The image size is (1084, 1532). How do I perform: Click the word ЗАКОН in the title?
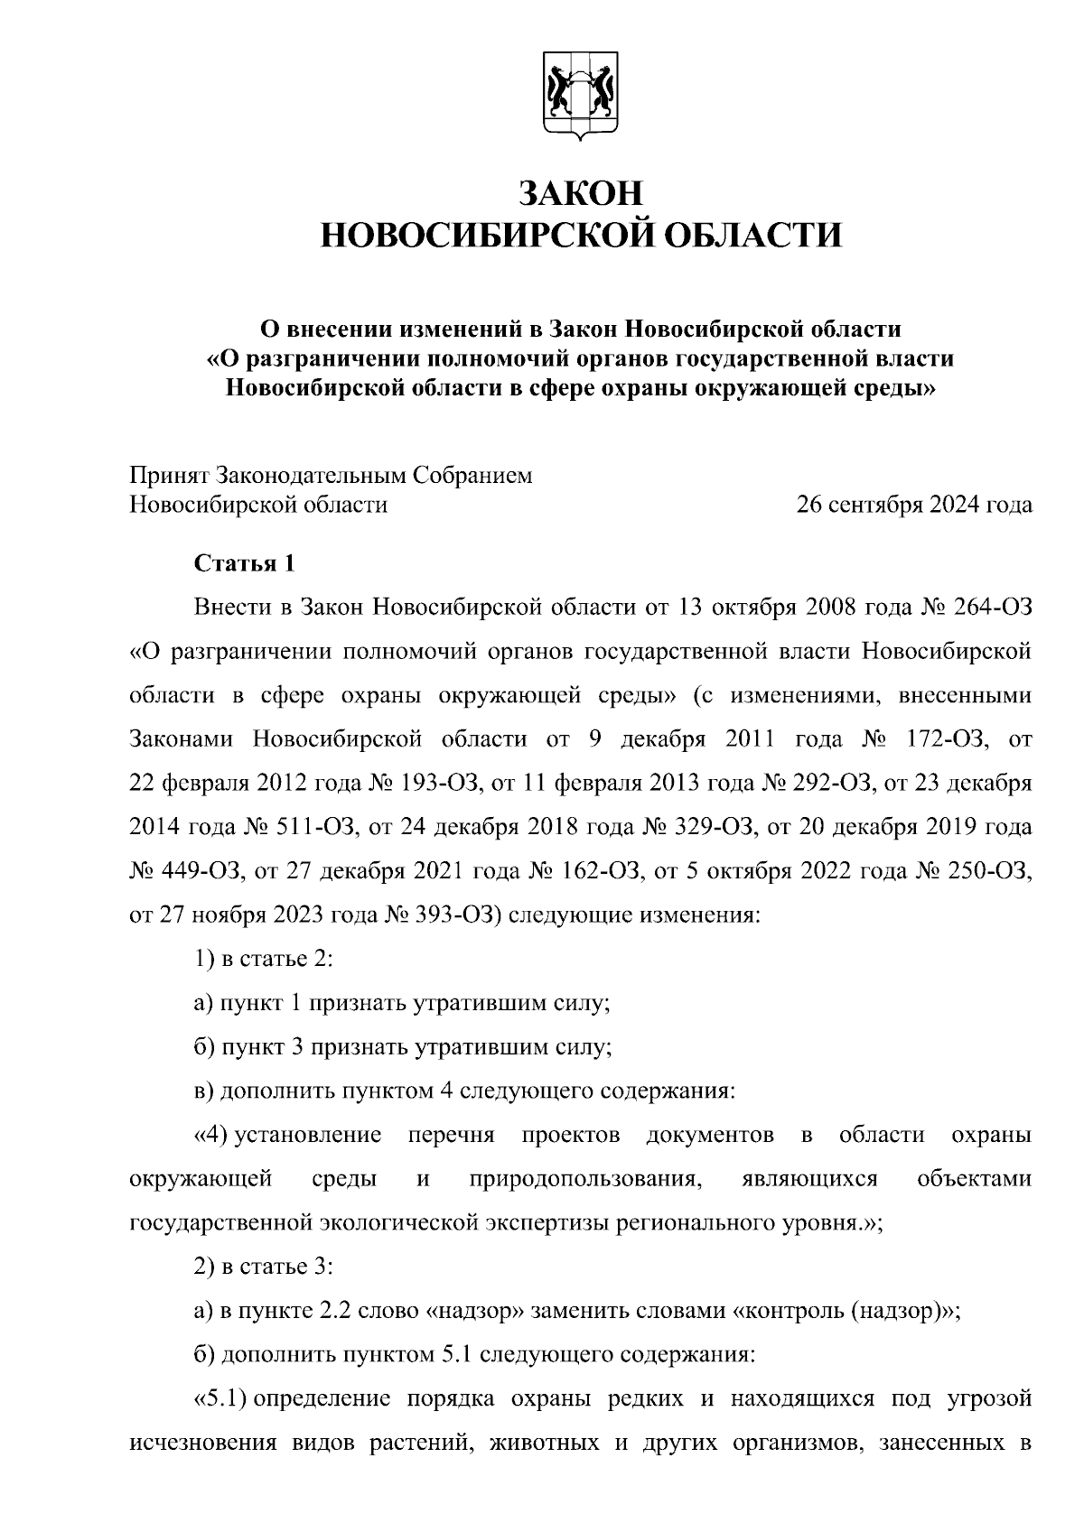tap(583, 193)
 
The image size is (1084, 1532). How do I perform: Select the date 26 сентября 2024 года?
tap(913, 505)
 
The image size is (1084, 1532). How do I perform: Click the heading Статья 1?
tap(245, 564)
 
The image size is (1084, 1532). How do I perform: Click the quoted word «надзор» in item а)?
tap(474, 1311)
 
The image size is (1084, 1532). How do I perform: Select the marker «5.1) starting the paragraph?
tap(220, 1399)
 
